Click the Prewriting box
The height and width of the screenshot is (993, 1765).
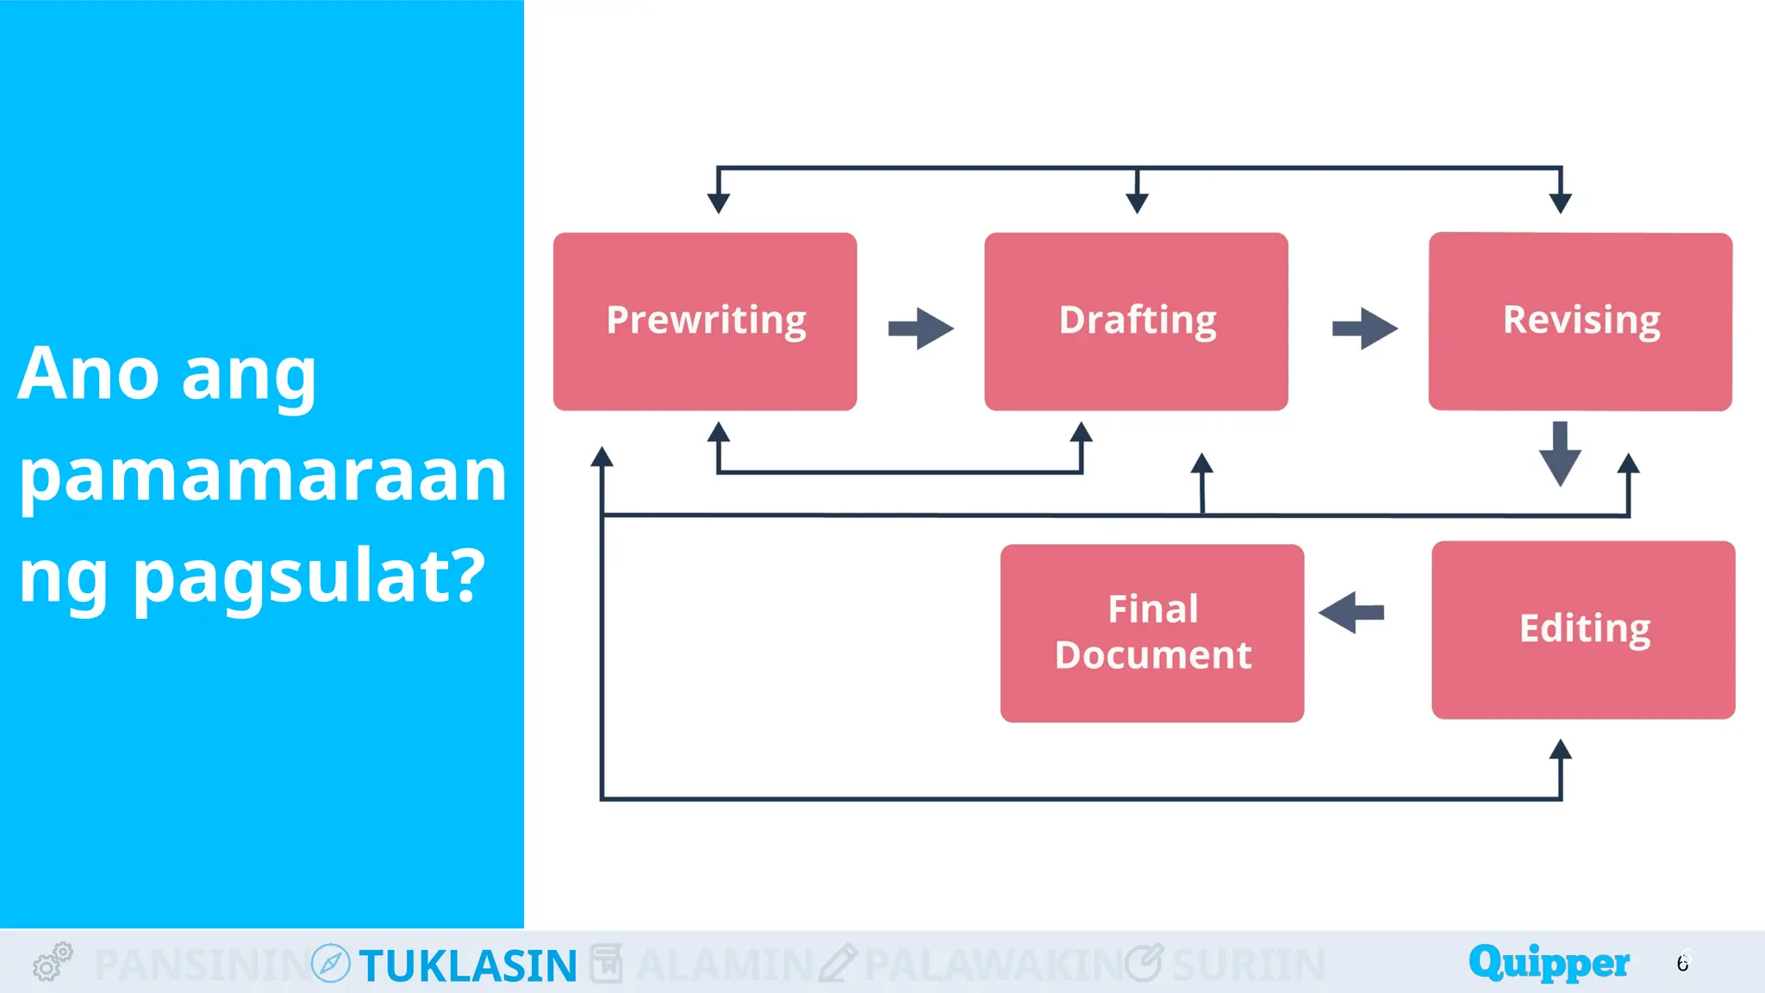pos(705,321)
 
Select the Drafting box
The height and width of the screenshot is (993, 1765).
pos(1136,321)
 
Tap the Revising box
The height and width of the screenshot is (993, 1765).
pos(1580,321)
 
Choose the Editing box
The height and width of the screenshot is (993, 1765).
pos(1583,629)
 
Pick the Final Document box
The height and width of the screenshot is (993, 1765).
pos(1151,633)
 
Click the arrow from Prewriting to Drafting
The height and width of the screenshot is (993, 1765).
pos(920,328)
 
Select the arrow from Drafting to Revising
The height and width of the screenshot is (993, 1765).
pos(1364,328)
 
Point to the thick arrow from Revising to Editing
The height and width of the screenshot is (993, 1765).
pos(1560,453)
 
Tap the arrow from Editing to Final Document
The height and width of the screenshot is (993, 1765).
pos(1351,613)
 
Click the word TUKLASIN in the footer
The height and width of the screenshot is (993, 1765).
pos(468,965)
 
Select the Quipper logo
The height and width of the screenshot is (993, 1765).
pos(1549,962)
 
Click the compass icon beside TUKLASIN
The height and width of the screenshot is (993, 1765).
pos(330,963)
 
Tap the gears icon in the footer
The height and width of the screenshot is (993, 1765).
pos(53,961)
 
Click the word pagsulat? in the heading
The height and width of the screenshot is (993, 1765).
pos(309,577)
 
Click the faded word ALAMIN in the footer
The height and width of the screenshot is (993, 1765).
pos(724,965)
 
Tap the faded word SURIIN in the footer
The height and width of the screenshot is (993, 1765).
pos(1249,965)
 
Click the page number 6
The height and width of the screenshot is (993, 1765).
pos(1683,962)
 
